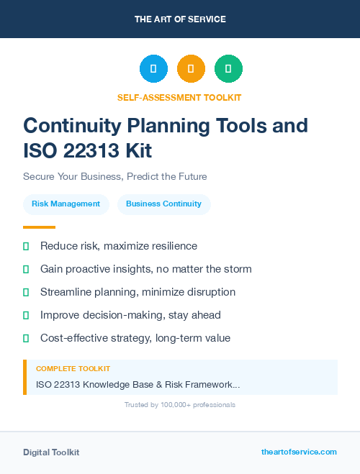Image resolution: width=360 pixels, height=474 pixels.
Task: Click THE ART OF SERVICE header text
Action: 180,19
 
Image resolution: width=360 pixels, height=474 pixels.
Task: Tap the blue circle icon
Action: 153,69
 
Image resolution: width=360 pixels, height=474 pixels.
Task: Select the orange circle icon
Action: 191,69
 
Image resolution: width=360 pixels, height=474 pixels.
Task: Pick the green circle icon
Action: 228,69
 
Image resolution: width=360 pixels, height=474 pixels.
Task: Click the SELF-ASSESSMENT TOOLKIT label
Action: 179,97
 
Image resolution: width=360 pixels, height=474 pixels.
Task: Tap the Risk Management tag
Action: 66,204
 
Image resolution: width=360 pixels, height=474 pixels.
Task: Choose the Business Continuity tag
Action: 163,204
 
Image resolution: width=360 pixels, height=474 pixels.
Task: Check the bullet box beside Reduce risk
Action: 26,247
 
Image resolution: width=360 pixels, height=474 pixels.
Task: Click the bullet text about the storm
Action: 146,269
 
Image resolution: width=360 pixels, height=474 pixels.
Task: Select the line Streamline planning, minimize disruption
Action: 138,292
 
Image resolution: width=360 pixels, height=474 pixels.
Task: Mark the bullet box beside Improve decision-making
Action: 26,315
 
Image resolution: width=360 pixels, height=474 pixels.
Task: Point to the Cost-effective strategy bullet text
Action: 135,338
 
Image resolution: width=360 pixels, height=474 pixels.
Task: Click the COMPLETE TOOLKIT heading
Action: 73,369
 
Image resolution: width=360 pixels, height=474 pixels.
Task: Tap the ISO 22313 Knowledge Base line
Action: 138,385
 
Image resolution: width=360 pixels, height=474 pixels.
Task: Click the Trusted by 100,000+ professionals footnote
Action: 180,405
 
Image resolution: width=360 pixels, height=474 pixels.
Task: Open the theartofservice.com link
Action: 299,452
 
